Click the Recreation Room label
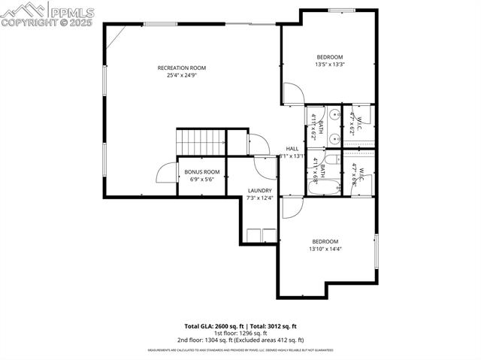tap(181, 68)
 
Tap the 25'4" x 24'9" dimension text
tap(181, 75)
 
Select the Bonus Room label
tap(201, 172)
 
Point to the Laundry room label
tap(259, 191)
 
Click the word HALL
tap(292, 149)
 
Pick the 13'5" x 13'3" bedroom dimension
tap(329, 65)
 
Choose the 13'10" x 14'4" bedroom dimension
tap(325, 249)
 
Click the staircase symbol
tap(201, 141)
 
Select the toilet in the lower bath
tap(330, 160)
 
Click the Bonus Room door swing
tap(165, 174)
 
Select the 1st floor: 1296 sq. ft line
tap(240, 333)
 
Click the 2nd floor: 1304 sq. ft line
tap(240, 340)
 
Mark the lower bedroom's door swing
tap(290, 209)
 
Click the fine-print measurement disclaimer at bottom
tap(240, 350)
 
